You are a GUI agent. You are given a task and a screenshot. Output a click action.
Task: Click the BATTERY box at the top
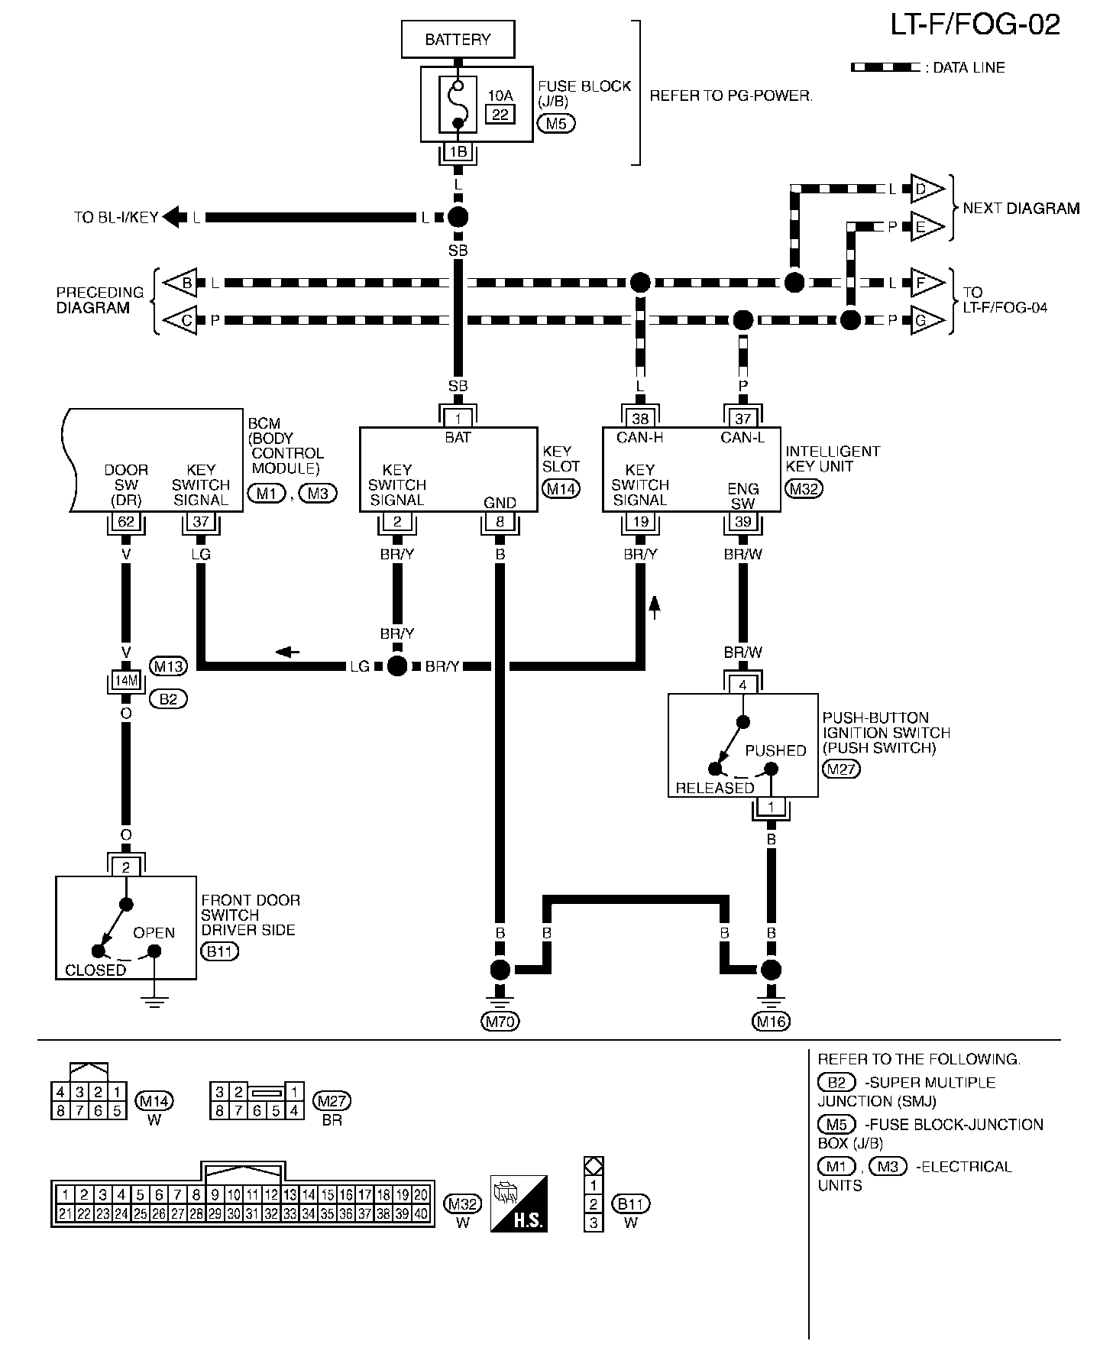point(458,39)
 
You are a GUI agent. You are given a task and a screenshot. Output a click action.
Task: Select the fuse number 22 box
point(500,115)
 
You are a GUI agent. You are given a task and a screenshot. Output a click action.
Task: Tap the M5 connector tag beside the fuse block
point(556,123)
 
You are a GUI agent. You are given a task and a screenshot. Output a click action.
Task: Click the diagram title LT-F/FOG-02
point(975,25)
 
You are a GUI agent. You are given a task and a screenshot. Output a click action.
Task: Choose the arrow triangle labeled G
point(924,321)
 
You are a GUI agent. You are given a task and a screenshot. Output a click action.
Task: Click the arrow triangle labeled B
point(183,283)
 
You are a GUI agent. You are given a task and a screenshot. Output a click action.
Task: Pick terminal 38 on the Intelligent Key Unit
point(640,418)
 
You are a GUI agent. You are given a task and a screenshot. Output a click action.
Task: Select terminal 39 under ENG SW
point(742,522)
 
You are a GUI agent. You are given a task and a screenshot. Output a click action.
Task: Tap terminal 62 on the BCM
point(126,522)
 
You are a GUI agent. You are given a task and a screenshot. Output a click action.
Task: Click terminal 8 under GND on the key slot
point(500,522)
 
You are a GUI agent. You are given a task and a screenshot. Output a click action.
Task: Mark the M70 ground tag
point(500,1021)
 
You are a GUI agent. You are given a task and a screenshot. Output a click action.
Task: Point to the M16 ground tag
point(772,1021)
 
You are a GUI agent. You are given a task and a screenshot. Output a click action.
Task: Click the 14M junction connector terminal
point(126,680)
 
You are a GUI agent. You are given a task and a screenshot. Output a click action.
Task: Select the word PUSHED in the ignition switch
point(775,750)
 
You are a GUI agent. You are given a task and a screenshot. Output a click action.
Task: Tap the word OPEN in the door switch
point(154,933)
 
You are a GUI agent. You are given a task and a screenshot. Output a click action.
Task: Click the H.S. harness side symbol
point(519,1203)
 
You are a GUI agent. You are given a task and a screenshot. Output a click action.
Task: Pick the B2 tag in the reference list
point(836,1082)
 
